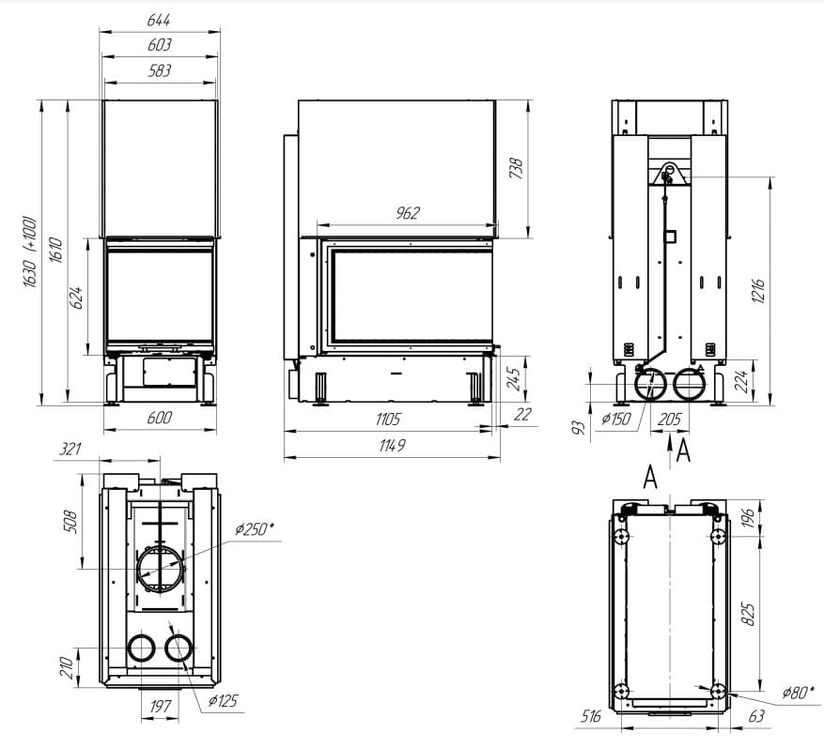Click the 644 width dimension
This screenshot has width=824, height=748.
[159, 20]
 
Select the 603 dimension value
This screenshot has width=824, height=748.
[159, 45]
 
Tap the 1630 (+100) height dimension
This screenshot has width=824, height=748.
[30, 252]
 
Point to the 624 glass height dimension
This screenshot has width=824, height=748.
[76, 298]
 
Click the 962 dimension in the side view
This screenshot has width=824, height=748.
[408, 213]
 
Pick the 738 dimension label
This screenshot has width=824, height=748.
[516, 169]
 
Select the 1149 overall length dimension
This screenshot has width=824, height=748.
[392, 445]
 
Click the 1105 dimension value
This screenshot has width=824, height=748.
[388, 419]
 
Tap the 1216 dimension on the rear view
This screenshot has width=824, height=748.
[758, 291]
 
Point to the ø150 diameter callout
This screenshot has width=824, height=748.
[616, 419]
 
